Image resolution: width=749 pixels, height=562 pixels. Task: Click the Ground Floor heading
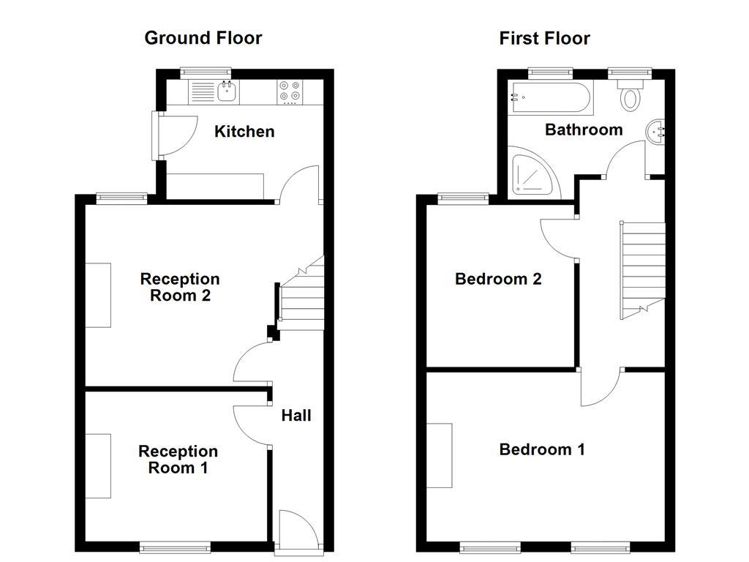tap(203, 38)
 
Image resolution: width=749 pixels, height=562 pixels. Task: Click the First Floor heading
tap(544, 38)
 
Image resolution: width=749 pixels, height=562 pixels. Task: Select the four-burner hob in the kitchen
tap(290, 91)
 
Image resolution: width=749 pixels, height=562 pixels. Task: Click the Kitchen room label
tap(244, 132)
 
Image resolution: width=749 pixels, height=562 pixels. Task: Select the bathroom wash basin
tap(655, 132)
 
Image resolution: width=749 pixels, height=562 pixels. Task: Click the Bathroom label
tap(584, 130)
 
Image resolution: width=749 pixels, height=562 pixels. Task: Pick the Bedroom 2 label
tap(498, 279)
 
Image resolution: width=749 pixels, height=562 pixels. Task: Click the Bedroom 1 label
tap(542, 449)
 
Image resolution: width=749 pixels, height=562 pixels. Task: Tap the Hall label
tap(296, 416)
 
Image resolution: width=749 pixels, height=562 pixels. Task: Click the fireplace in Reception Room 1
tap(98, 465)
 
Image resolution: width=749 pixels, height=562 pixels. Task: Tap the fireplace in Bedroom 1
tap(440, 455)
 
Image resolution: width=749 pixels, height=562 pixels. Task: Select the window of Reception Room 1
tap(176, 546)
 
